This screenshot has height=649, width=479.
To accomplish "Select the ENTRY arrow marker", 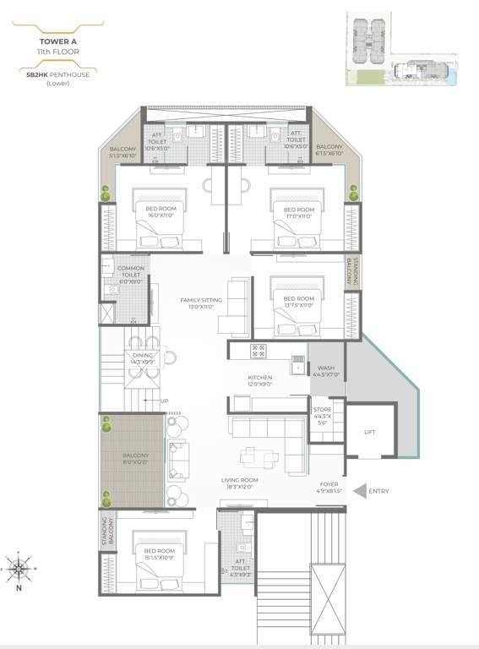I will (x=360, y=490).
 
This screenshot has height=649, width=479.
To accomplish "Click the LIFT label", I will (x=370, y=431).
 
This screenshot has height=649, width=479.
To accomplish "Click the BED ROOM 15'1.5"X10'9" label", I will (x=161, y=554).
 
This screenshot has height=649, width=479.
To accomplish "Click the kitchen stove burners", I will (x=259, y=349).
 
